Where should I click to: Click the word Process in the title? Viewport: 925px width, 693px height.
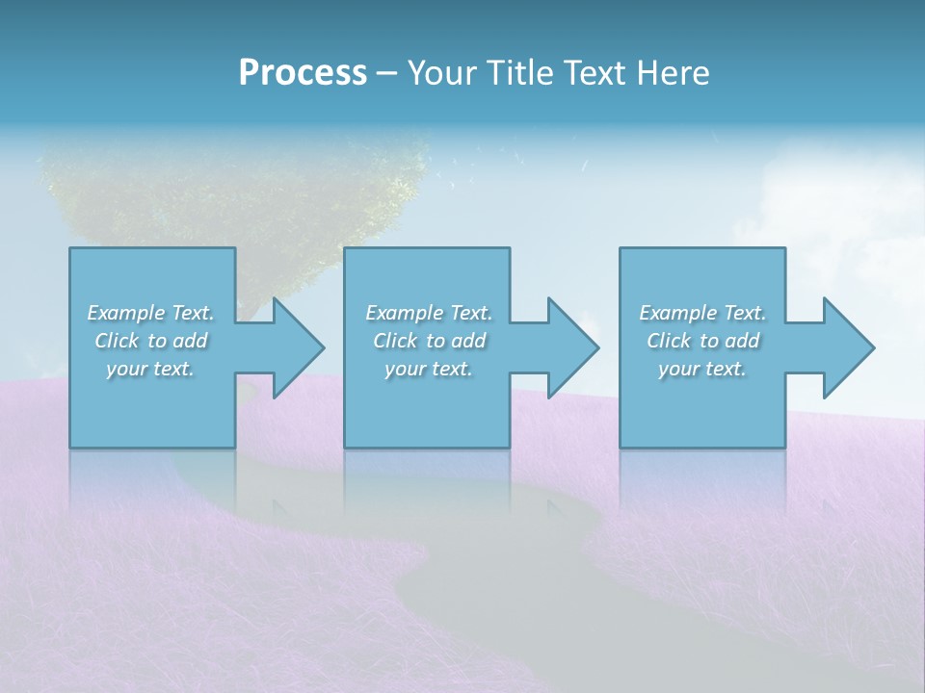[303, 72]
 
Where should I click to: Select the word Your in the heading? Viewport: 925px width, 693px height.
[443, 72]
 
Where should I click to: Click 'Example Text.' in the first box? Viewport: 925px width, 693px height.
[150, 313]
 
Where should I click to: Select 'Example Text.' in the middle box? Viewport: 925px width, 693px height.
[429, 313]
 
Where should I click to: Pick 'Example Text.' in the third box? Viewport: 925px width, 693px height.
[702, 313]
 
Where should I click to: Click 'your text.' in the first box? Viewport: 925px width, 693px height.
[150, 369]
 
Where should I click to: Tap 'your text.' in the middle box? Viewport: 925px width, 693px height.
[429, 369]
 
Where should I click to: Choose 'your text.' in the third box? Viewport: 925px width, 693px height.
[702, 369]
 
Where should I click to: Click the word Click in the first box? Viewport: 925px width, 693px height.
[117, 341]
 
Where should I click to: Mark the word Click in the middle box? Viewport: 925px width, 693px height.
[395, 341]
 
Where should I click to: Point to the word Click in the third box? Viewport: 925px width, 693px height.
[669, 341]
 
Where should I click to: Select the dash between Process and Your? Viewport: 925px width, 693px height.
[386, 73]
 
